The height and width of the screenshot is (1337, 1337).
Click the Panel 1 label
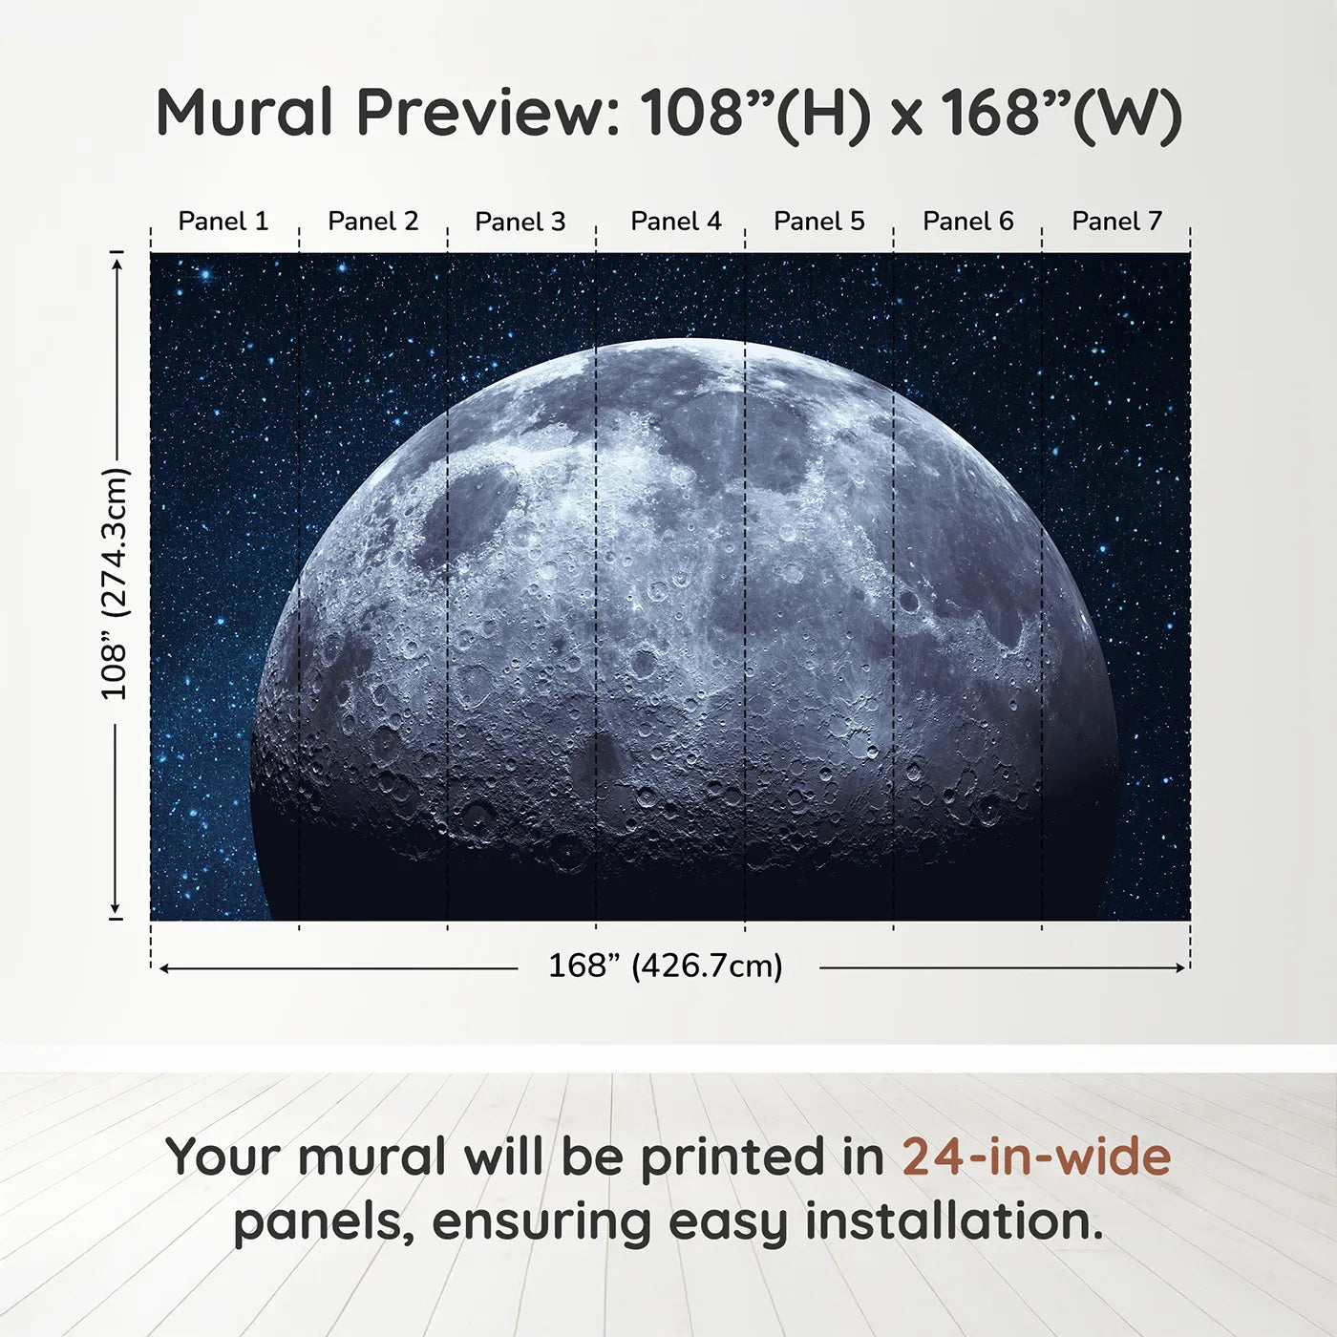click(223, 222)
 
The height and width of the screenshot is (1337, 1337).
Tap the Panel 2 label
click(372, 222)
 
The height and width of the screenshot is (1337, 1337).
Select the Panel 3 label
click(520, 222)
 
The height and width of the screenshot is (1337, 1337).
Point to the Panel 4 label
click(676, 222)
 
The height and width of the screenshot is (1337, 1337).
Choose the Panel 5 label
click(819, 222)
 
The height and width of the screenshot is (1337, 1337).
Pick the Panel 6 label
click(967, 222)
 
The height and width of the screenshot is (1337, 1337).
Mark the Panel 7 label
click(1116, 222)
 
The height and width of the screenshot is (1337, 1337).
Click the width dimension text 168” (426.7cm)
click(666, 966)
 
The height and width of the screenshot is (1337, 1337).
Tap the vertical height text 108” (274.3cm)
click(115, 584)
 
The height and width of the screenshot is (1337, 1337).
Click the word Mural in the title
click(244, 113)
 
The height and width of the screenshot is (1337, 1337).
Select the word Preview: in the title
click(489, 113)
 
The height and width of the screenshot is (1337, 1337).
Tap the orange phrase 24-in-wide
click(1036, 1157)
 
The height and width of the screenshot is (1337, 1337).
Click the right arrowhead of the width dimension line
click(1181, 968)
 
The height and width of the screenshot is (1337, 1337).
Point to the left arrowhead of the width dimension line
click(163, 968)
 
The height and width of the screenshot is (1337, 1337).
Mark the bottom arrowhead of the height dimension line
click(117, 910)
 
